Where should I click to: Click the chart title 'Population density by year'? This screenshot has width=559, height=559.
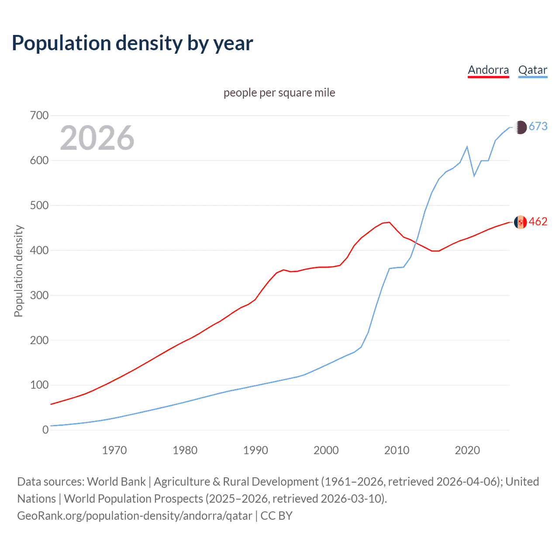132,43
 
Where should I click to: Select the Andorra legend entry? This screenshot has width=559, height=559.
488,70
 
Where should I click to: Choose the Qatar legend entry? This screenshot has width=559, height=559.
532,70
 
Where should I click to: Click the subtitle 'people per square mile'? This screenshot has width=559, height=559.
279,93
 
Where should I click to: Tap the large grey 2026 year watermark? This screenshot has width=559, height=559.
97,138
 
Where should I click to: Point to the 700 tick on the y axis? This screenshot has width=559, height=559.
39,116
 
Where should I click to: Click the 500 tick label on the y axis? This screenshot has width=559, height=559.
39,205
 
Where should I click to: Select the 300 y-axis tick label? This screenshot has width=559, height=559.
39,295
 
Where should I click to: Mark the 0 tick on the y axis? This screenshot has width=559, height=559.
45,430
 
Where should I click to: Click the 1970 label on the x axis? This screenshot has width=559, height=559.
114,450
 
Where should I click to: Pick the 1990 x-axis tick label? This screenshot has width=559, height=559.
255,450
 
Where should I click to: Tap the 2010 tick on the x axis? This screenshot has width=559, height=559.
397,450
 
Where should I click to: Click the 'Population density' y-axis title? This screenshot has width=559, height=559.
18,271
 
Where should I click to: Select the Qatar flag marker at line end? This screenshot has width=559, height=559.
520,127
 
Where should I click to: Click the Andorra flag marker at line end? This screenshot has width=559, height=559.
520,222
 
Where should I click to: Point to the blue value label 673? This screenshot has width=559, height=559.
538,127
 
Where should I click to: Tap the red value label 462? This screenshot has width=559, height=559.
538,222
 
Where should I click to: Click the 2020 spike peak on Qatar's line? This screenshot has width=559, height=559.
467,147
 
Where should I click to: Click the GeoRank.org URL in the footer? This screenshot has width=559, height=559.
135,516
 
